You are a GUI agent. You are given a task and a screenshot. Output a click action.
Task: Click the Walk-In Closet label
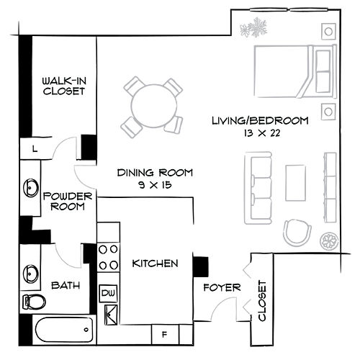tap(64, 86)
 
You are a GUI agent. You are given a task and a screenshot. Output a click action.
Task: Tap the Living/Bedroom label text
tap(260, 120)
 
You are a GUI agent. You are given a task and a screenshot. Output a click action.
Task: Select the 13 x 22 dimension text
tap(260, 132)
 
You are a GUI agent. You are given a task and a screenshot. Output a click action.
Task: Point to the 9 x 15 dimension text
tap(155, 185)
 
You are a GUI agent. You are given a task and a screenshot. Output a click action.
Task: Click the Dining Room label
tap(156, 172)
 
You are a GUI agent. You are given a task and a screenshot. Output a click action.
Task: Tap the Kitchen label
tap(155, 264)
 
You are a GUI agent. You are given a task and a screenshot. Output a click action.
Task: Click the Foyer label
tap(221, 287)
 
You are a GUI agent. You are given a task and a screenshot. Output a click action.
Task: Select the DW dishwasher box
tap(108, 292)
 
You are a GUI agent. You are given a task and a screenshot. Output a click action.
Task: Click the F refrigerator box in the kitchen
tap(164, 334)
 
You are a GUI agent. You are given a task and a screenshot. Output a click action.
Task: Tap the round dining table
tap(153, 105)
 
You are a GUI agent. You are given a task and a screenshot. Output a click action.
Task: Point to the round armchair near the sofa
tap(296, 232)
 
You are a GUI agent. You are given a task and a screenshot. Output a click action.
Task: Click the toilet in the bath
tap(34, 301)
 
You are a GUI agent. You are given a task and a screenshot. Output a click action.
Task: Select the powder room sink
tap(31, 188)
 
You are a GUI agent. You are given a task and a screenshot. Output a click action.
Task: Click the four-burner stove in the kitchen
tap(108, 257)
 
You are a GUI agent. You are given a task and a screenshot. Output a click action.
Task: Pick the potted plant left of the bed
tap(253, 30)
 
